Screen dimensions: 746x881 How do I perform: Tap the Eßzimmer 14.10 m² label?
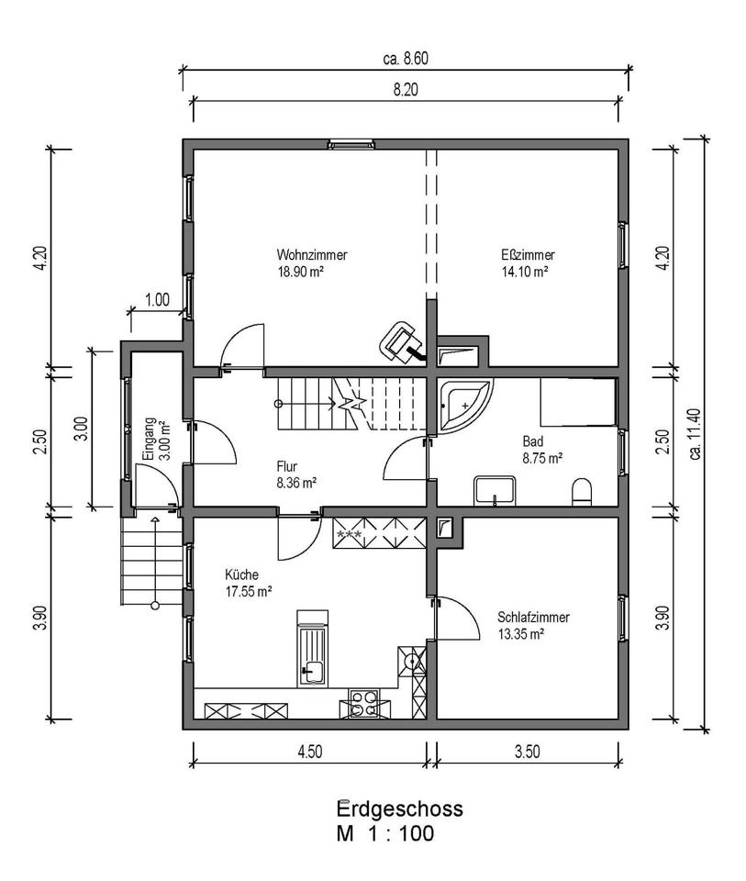click(x=525, y=263)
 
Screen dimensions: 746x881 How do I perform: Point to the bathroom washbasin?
click(x=496, y=491)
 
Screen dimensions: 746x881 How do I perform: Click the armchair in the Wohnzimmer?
click(x=399, y=340)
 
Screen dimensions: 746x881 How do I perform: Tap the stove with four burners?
click(x=363, y=703)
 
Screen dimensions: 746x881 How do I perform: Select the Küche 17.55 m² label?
click(x=248, y=584)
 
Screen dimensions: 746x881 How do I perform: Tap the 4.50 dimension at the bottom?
click(x=309, y=752)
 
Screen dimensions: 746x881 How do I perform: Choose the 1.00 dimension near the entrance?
click(x=158, y=299)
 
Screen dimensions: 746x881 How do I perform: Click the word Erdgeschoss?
click(x=399, y=809)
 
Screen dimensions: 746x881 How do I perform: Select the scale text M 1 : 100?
click(x=386, y=834)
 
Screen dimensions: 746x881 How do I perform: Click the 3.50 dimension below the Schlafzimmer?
click(x=527, y=752)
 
